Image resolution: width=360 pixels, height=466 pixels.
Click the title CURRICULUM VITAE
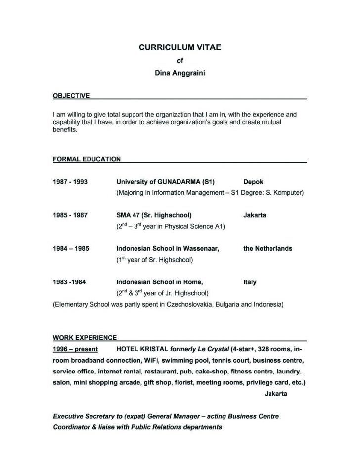[x=180, y=48]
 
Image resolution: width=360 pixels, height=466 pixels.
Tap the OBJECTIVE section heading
[x=71, y=95]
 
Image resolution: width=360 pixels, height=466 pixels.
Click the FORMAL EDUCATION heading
[x=87, y=159]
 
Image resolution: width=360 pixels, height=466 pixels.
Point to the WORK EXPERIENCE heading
[x=85, y=338]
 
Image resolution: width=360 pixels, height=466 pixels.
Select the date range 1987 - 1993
[x=70, y=182]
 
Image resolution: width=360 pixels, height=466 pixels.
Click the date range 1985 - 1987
[x=70, y=215]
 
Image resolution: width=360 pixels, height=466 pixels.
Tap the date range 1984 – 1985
[x=71, y=249]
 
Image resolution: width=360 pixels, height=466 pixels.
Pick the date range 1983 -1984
[x=70, y=282]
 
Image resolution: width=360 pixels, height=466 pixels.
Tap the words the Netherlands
[x=268, y=249]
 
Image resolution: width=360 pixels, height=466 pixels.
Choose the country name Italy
[x=250, y=282]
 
